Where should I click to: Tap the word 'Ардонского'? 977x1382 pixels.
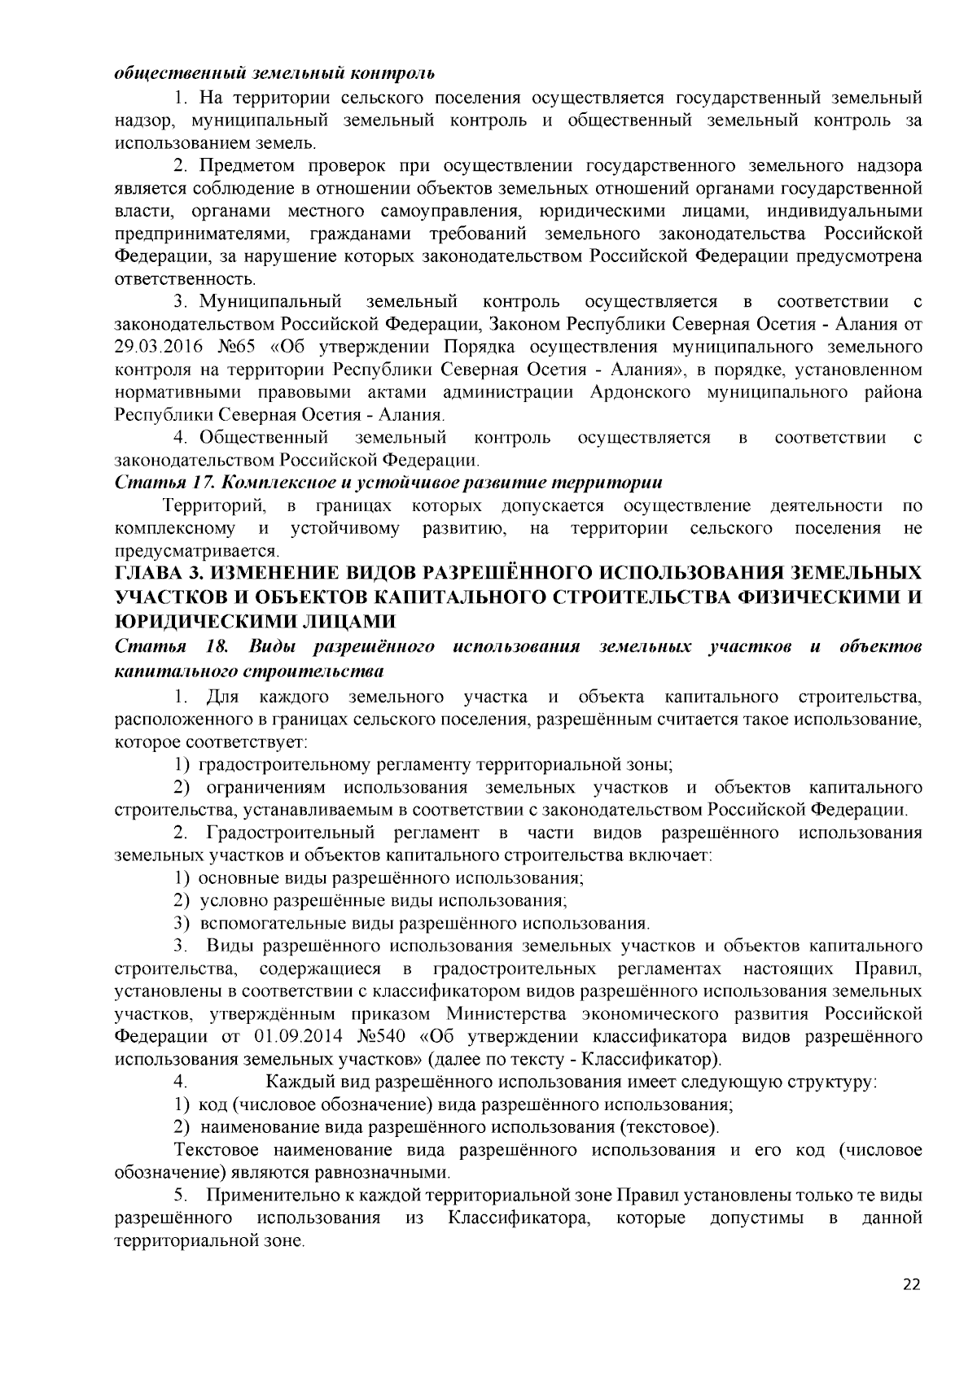click(x=636, y=393)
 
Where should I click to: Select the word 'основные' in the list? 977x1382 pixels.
click(x=235, y=878)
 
